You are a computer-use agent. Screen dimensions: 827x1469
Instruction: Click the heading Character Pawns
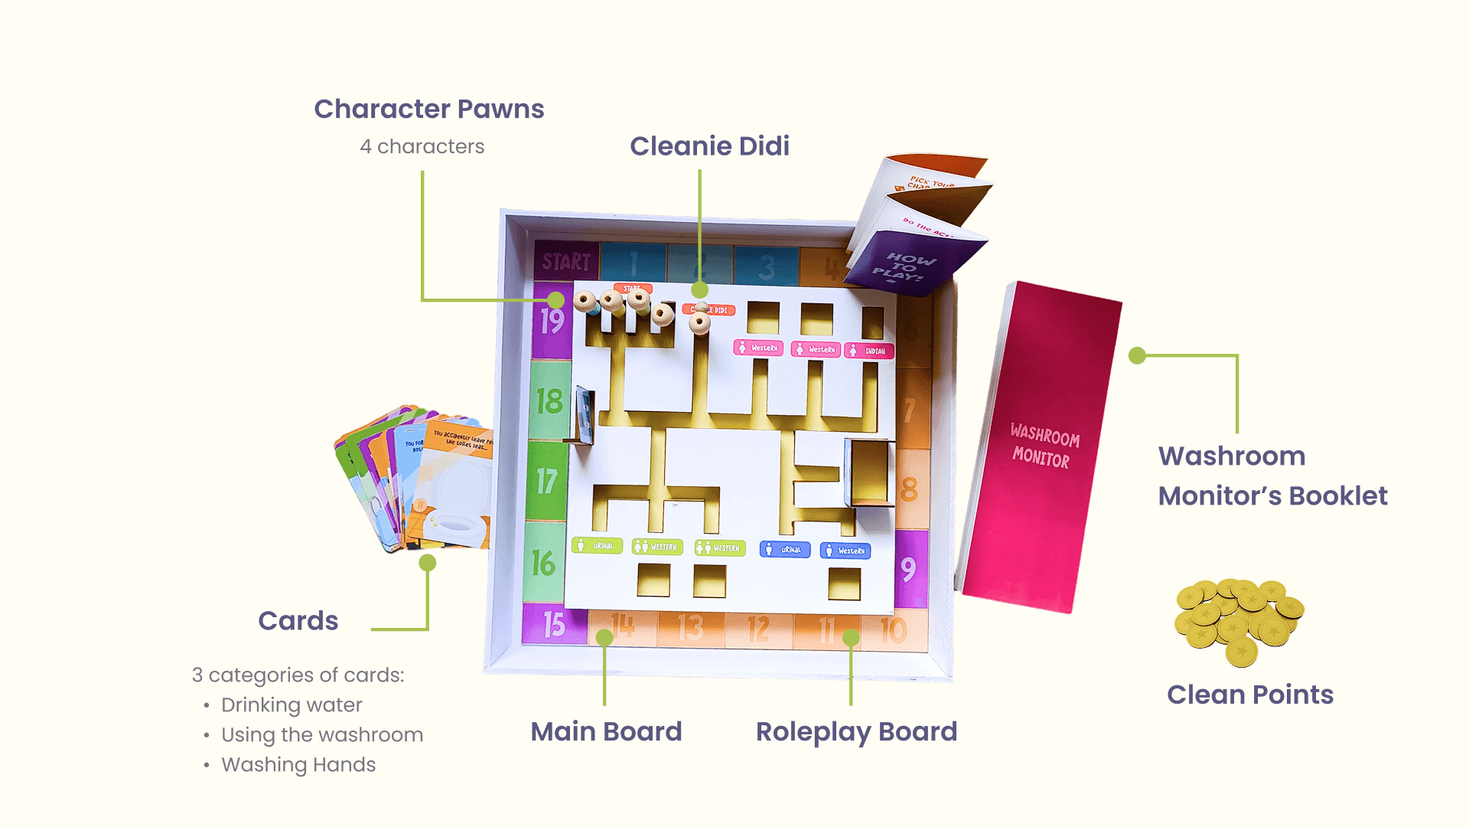tap(428, 110)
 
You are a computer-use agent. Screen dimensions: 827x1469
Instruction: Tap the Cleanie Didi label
tap(709, 146)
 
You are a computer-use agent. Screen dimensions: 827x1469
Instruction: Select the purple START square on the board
tap(566, 262)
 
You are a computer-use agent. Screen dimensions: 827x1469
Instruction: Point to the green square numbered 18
tap(549, 401)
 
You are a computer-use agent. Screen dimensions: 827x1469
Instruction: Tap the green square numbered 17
tap(547, 482)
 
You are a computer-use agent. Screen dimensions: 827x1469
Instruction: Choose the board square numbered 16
tap(544, 564)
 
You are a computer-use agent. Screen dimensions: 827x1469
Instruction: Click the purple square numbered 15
tap(554, 625)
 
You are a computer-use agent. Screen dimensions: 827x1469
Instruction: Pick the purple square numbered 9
tap(909, 569)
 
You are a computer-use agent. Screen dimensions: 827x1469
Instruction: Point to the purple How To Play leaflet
tap(910, 264)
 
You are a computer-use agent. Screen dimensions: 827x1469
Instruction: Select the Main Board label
tap(606, 731)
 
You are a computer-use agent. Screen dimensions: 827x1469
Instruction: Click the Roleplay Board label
tap(856, 731)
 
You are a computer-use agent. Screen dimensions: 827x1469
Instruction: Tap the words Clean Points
tap(1250, 695)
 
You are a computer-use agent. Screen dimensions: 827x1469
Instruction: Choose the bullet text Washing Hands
tap(298, 765)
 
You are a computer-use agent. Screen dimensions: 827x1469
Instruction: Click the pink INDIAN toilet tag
tap(869, 351)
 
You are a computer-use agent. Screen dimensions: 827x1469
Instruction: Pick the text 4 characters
tap(422, 146)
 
